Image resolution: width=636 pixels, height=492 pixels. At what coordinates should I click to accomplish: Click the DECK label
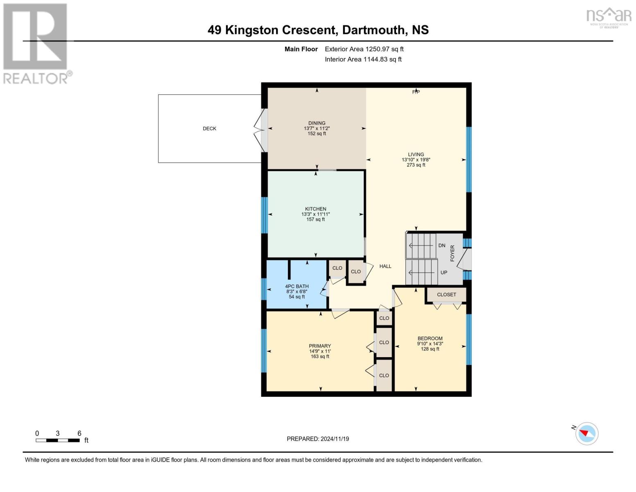click(209, 128)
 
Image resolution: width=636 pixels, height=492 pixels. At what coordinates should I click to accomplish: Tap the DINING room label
click(317, 123)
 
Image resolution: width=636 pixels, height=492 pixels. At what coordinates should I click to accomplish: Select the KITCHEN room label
click(315, 209)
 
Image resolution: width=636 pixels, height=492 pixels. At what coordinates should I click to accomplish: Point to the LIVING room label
click(416, 155)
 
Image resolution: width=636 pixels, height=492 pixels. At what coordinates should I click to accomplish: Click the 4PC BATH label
click(297, 286)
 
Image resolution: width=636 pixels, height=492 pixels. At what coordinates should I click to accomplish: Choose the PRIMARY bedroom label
click(320, 346)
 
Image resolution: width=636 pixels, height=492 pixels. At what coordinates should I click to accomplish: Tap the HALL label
click(385, 266)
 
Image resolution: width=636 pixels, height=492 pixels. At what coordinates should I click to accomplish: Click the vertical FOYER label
click(452, 253)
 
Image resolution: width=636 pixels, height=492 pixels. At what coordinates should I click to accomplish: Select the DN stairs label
click(441, 245)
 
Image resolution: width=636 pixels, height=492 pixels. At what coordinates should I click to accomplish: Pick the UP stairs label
click(444, 273)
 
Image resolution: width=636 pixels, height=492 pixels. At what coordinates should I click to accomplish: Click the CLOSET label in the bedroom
click(446, 294)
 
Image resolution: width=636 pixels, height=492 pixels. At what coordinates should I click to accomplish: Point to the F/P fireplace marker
click(416, 92)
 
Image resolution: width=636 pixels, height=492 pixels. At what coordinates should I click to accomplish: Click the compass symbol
click(586, 434)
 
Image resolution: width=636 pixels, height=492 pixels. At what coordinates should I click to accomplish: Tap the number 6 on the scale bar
click(79, 433)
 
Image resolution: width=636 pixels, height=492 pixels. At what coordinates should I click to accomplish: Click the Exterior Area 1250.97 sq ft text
click(364, 49)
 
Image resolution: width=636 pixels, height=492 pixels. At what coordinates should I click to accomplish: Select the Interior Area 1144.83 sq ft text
click(363, 59)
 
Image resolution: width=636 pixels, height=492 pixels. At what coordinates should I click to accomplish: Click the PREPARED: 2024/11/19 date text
click(318, 439)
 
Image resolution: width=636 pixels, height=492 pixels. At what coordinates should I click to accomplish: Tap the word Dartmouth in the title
click(373, 30)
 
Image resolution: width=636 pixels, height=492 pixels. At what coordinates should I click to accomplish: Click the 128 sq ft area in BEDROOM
click(430, 349)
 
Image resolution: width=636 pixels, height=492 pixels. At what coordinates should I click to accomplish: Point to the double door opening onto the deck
click(260, 130)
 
